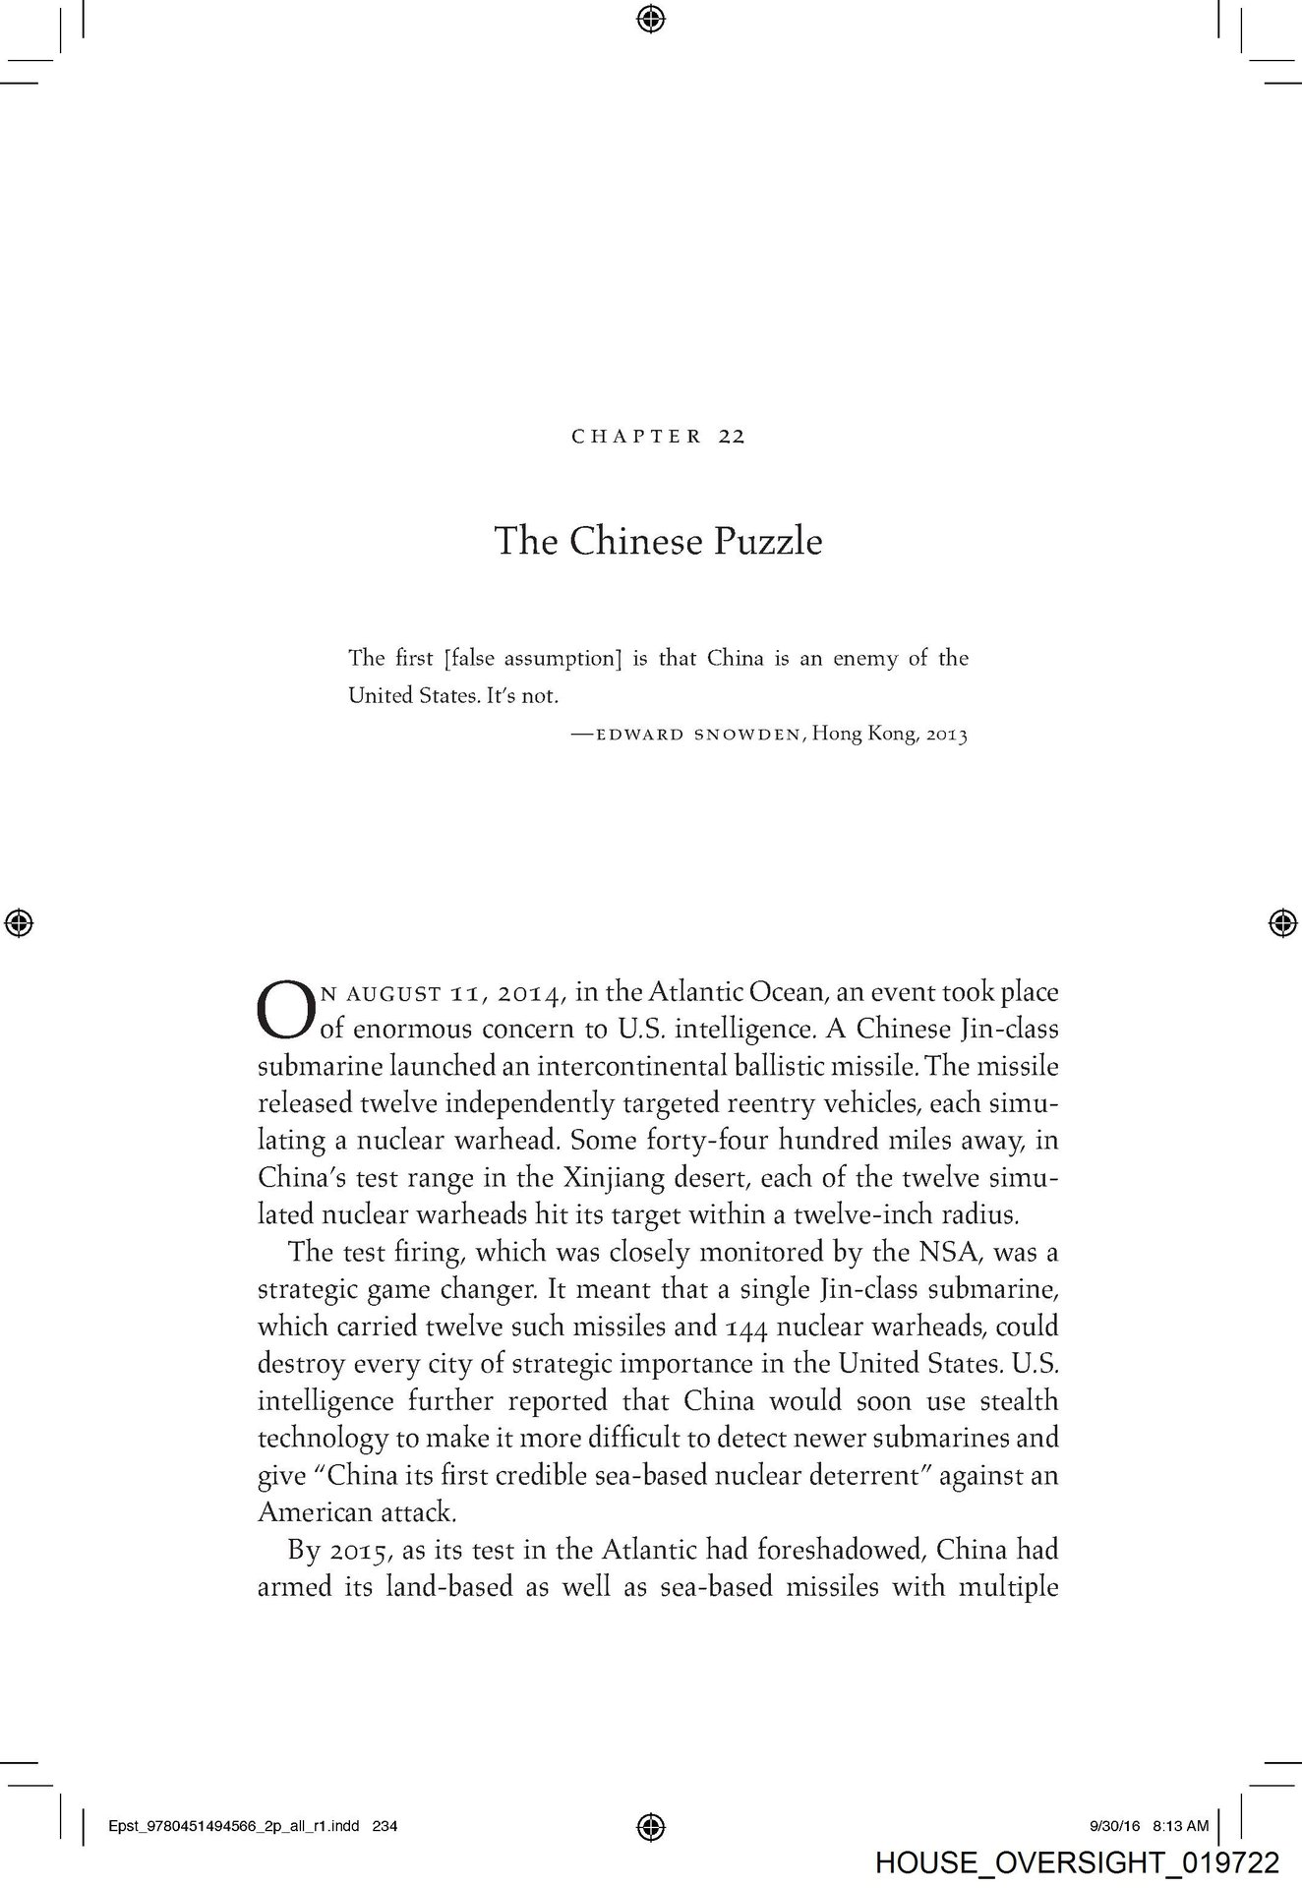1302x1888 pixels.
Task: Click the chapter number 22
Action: click(x=731, y=437)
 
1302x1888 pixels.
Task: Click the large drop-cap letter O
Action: click(x=285, y=1011)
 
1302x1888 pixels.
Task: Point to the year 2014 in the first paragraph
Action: click(x=530, y=993)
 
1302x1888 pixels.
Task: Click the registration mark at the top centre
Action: click(x=649, y=18)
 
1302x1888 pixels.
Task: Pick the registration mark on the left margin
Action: click(x=19, y=922)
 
